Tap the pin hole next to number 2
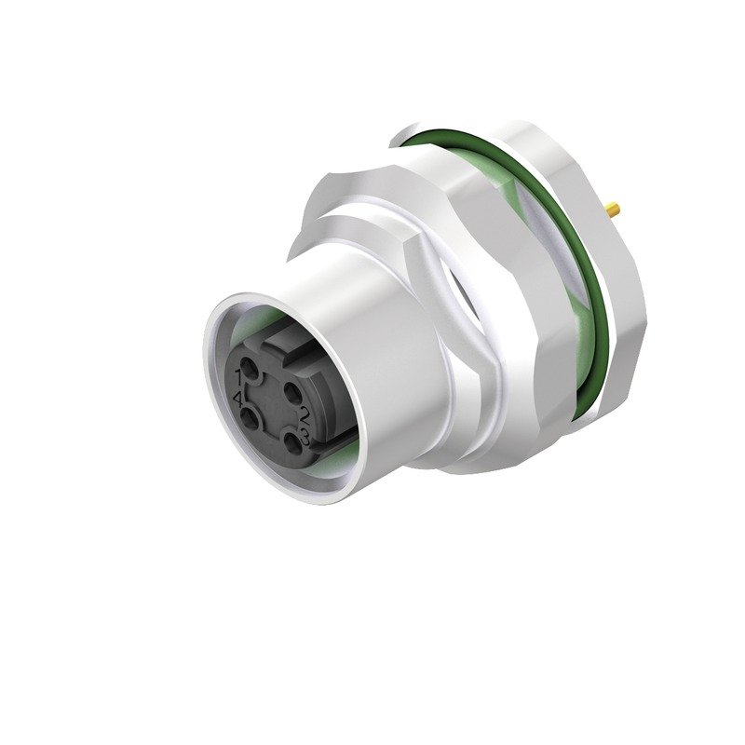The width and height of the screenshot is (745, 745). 291,389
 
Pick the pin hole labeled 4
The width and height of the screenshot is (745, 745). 252,418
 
